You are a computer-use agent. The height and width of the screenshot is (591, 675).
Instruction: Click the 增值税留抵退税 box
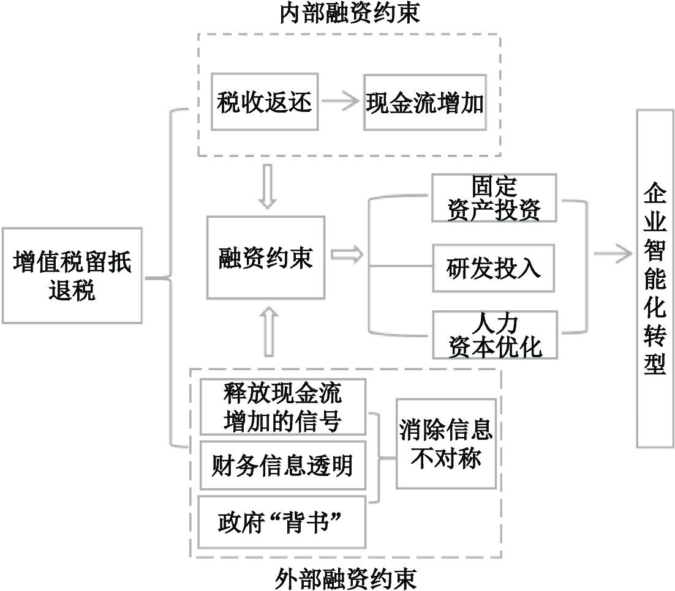tap(72, 275)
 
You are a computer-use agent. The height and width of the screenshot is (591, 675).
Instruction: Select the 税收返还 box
tap(265, 103)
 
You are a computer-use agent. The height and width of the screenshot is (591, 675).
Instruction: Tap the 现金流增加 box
tap(424, 103)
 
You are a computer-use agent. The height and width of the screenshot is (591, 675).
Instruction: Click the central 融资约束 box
tap(265, 257)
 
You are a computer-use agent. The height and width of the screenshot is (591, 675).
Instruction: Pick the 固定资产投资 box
tap(494, 198)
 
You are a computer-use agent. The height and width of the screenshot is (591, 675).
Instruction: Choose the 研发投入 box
tap(494, 268)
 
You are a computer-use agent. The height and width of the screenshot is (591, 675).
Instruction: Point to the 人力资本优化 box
tap(494, 334)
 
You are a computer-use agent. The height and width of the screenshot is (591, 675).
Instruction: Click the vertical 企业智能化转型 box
tap(655, 278)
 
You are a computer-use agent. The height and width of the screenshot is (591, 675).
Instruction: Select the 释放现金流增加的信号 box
tap(282, 407)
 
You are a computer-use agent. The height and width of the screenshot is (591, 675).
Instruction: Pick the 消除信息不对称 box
tap(445, 444)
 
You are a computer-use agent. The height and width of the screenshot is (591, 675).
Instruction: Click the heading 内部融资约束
tap(350, 13)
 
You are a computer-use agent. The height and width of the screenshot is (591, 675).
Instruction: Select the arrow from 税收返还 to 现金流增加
tap(340, 103)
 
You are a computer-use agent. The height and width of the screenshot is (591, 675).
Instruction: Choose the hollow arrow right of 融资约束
tap(346, 256)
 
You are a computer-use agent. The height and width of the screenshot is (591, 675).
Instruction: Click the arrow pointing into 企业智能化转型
tap(613, 251)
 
